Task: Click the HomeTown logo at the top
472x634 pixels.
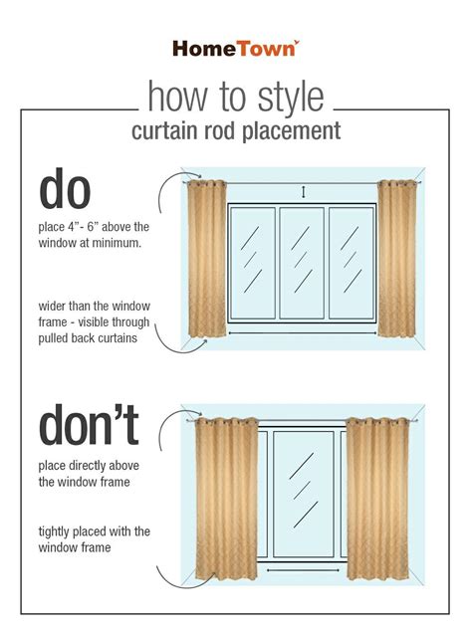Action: tap(236, 48)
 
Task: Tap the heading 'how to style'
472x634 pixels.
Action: tap(236, 97)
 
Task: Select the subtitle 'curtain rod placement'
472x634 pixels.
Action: tap(236, 131)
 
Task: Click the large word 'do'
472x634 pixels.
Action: tap(65, 189)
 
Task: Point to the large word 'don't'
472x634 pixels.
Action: tap(89, 425)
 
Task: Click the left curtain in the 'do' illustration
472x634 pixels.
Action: tap(207, 259)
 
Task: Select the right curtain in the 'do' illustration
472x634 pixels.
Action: tap(396, 259)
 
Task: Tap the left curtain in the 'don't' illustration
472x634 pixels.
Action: tap(226, 498)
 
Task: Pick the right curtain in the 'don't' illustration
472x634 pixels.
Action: tap(377, 498)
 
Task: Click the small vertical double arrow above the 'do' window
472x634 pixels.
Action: tap(304, 192)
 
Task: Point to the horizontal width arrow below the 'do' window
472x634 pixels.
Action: tap(303, 333)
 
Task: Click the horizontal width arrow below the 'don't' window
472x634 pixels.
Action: tap(303, 570)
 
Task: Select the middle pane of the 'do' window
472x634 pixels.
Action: tap(302, 263)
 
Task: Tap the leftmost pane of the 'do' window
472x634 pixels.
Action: tap(252, 263)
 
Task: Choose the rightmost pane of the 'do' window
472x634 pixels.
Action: tap(352, 263)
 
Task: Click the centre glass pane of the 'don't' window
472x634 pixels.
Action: tap(304, 494)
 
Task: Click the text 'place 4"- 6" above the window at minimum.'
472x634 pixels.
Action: tap(94, 235)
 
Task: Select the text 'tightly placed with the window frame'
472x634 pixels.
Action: tap(95, 539)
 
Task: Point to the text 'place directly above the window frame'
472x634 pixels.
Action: tap(89, 474)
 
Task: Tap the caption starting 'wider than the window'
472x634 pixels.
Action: tap(95, 321)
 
